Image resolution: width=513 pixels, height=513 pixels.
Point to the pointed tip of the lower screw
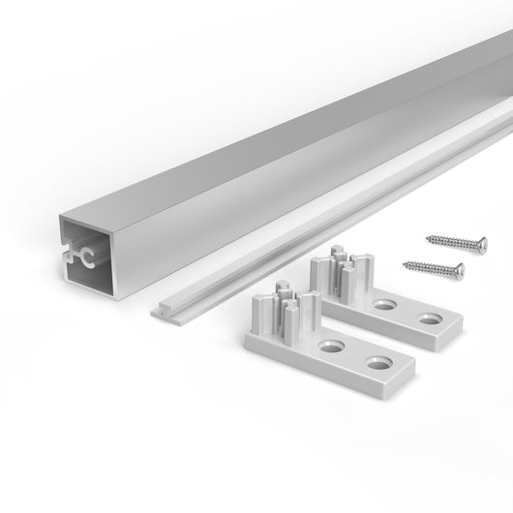pos(400,258)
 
